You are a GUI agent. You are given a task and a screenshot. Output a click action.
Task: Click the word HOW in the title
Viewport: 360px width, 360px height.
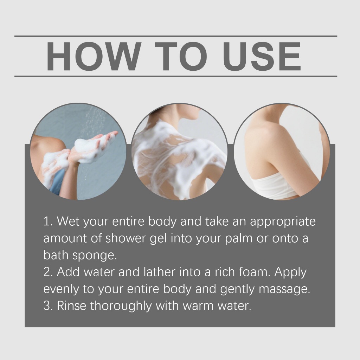click(x=94, y=56)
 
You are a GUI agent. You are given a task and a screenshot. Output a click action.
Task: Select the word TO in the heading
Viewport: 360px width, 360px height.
click(x=181, y=56)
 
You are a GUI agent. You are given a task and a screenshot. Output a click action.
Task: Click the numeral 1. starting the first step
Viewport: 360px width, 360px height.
click(x=48, y=221)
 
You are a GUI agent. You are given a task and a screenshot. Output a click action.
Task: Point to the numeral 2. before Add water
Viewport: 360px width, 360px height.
click(x=48, y=272)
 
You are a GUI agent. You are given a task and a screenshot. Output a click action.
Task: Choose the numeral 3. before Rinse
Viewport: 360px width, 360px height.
click(x=48, y=306)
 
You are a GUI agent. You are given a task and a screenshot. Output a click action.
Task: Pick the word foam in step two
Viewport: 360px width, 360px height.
click(x=255, y=272)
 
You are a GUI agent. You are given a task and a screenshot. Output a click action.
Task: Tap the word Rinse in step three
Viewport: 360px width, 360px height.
click(x=71, y=306)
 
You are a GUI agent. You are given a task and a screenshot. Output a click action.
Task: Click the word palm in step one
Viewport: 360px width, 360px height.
click(x=239, y=239)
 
